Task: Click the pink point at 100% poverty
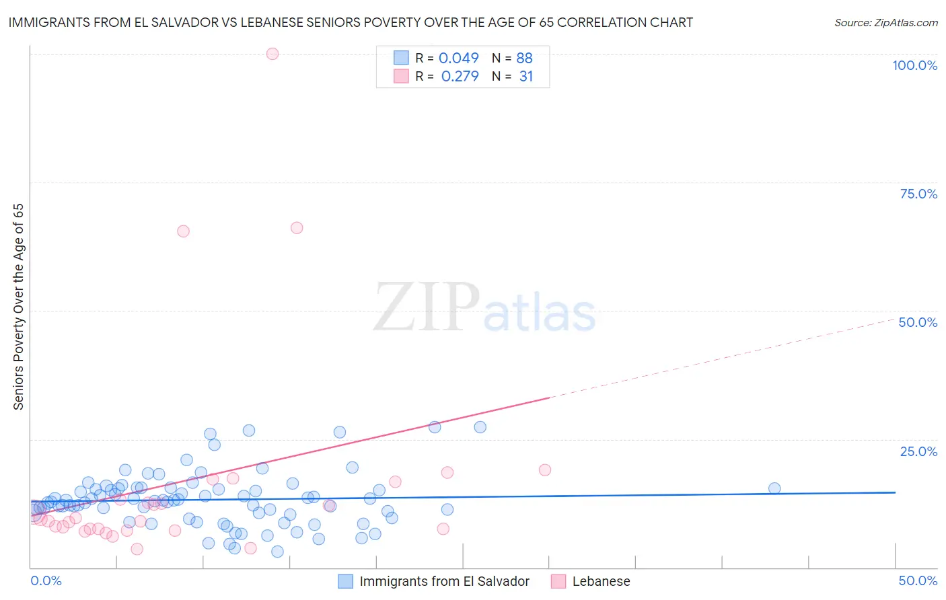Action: coord(272,54)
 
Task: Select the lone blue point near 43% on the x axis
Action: coord(774,488)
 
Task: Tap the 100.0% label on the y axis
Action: coord(914,65)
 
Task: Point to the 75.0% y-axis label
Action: coord(918,194)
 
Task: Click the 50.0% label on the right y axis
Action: coord(918,322)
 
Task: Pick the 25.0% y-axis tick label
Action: coord(918,451)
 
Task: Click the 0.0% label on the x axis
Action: coord(46,580)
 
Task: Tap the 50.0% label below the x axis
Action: coord(918,580)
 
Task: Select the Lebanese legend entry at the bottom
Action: coord(601,581)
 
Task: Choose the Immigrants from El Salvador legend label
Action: coord(444,581)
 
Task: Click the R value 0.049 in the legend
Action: coord(459,59)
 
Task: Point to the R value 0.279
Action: coord(460,77)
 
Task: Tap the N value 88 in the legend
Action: coord(524,59)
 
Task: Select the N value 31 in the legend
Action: coord(525,77)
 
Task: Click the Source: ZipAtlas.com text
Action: coord(885,23)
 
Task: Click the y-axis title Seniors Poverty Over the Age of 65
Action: coord(18,307)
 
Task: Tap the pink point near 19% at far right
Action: coord(545,470)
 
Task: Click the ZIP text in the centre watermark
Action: coord(427,308)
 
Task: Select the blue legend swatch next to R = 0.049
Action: coord(401,58)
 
